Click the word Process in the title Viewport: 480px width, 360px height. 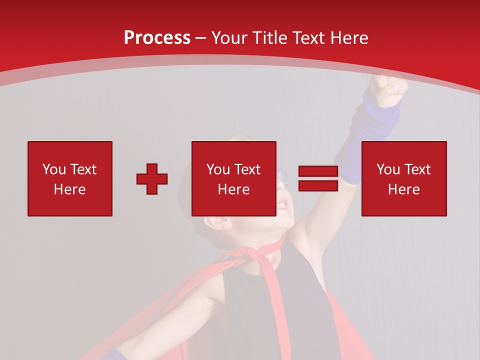(157, 38)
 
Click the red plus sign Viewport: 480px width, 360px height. (152, 179)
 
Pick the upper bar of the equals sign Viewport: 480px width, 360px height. (318, 171)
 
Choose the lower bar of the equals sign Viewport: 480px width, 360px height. (318, 185)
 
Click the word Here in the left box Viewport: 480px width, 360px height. (70, 189)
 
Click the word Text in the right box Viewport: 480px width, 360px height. (417, 169)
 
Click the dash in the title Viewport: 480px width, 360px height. (201, 38)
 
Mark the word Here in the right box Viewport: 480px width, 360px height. (404, 189)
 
